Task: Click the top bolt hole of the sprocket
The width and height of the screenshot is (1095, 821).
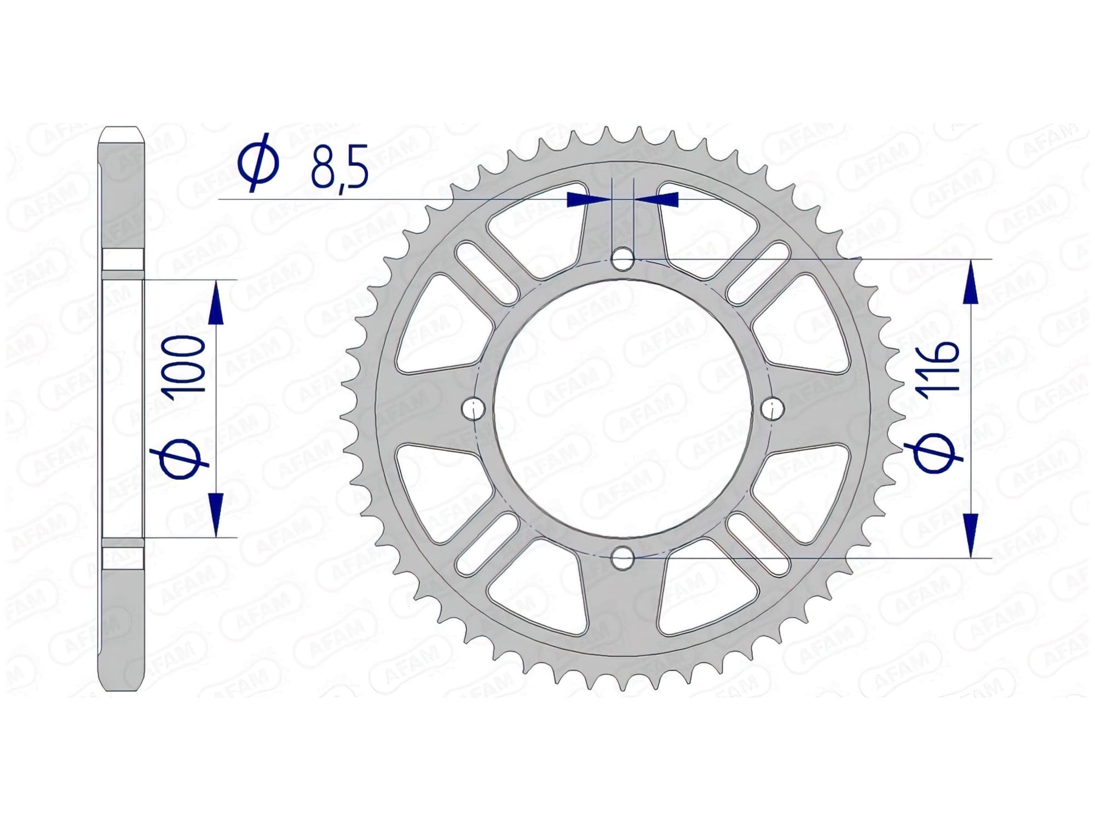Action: [x=623, y=259]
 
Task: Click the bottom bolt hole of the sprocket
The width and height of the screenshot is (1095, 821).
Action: [x=623, y=559]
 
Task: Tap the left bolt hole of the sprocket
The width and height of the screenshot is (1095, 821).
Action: [x=474, y=408]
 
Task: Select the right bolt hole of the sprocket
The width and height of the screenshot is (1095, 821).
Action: [x=773, y=408]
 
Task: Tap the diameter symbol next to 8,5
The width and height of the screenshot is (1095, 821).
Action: [x=258, y=163]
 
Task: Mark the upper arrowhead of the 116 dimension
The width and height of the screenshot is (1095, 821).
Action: [x=970, y=282]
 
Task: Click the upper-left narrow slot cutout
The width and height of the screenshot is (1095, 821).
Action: [x=486, y=273]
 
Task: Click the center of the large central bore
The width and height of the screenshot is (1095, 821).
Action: [x=623, y=408]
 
